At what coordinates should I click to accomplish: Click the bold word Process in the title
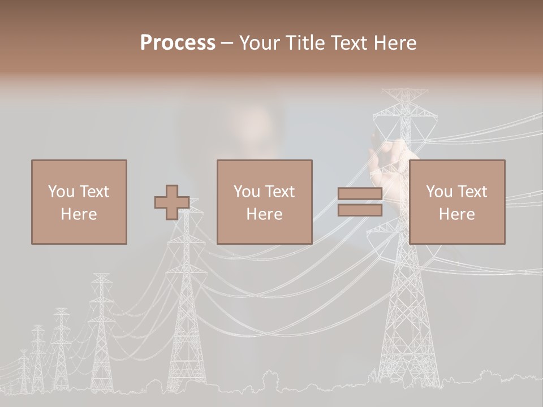pos(178,43)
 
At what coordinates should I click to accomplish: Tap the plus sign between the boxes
pos(172,202)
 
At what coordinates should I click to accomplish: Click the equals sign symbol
pos(360,202)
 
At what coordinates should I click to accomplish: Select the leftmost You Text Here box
pos(79,202)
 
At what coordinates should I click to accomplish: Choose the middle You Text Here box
pos(264,202)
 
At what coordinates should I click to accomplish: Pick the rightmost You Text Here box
pos(456,202)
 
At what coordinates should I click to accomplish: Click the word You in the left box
pos(61,191)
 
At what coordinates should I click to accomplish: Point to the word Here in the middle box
pos(264,214)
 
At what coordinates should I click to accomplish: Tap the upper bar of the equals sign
pos(360,193)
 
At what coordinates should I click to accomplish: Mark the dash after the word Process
pos(227,43)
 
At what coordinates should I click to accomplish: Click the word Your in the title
pos(260,43)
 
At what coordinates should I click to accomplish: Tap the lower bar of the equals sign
pos(360,210)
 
